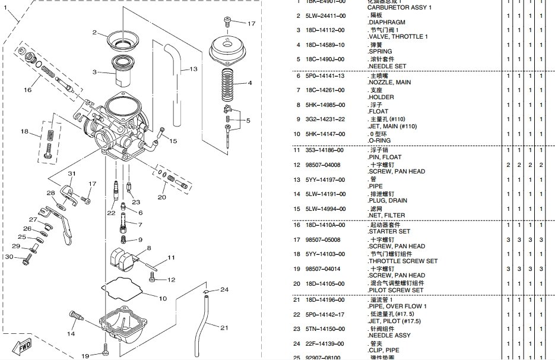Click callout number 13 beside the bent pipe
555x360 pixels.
[x=193, y=70]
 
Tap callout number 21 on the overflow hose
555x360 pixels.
[x=224, y=327]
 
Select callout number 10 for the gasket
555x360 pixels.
[x=162, y=298]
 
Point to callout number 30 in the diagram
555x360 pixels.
[x=8, y=257]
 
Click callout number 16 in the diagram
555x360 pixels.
[x=27, y=90]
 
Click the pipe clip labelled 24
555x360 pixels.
[x=204, y=292]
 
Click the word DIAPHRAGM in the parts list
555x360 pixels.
[x=387, y=22]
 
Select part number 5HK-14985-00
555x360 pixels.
[x=325, y=105]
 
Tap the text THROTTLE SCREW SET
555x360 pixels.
[x=402, y=261]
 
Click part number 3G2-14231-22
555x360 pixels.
[x=325, y=119]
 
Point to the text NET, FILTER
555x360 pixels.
[x=386, y=215]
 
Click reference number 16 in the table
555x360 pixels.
[x=299, y=225]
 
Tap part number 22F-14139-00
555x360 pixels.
[x=325, y=343]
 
